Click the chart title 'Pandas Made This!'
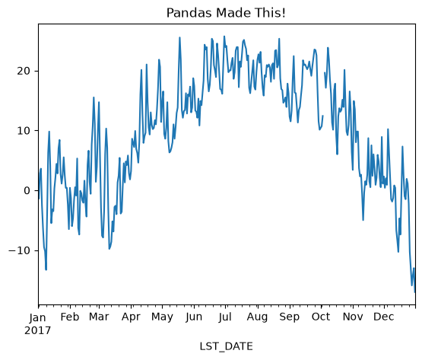tap(226, 13)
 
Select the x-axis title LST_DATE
tap(226, 346)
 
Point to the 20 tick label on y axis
tap(24, 71)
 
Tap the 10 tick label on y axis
tap(24, 131)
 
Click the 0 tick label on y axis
tap(27, 191)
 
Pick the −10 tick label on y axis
tap(20, 250)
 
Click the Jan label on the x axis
tap(38, 317)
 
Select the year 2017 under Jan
tap(38, 330)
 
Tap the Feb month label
tap(70, 317)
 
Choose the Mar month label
tap(99, 317)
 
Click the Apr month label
tap(131, 317)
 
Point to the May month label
tap(162, 317)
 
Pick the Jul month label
tap(225, 317)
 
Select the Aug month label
tap(257, 317)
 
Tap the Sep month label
tap(290, 317)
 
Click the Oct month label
tap(321, 317)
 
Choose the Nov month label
tap(353, 317)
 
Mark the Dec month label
tap(384, 317)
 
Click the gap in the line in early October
tap(324, 94)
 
